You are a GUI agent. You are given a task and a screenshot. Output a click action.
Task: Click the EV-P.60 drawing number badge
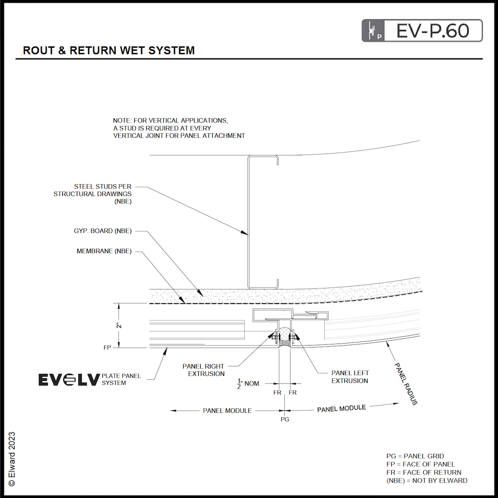(x=422, y=31)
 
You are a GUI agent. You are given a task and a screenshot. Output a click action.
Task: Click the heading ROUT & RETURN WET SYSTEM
(x=109, y=51)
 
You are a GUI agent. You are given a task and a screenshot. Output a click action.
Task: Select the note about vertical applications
(x=178, y=128)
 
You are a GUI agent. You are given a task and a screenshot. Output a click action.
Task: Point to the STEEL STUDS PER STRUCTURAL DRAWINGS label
(x=92, y=194)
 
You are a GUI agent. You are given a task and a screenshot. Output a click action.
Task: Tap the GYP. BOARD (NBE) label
(x=103, y=231)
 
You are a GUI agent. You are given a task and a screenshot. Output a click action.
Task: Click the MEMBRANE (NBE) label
(x=104, y=251)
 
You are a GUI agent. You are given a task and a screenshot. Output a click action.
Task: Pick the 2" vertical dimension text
(x=119, y=325)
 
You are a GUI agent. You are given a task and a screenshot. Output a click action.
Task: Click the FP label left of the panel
(x=108, y=348)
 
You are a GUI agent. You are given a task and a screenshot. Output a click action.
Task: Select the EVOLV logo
(x=68, y=380)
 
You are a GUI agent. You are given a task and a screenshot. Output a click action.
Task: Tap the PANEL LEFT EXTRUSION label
(x=350, y=377)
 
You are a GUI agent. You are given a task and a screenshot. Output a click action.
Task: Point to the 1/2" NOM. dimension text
(x=250, y=383)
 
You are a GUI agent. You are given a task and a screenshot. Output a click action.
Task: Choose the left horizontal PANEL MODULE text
(x=227, y=410)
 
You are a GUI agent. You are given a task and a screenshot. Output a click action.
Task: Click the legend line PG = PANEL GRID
(x=415, y=456)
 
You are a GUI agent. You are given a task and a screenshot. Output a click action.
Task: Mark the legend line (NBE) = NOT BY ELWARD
(x=426, y=480)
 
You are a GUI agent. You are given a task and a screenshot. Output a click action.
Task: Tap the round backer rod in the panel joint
(x=284, y=334)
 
